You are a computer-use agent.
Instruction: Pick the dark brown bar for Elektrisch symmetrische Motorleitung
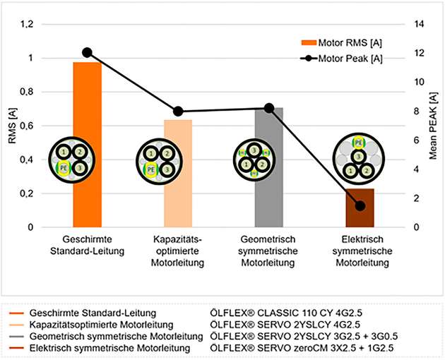[x=360, y=212]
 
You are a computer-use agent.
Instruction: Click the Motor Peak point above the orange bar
[x=87, y=52]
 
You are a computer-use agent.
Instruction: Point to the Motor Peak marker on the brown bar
[x=360, y=205]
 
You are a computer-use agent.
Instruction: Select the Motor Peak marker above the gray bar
[x=269, y=108]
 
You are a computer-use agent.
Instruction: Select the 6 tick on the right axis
[x=415, y=140]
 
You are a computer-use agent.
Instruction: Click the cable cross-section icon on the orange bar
[x=72, y=160]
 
